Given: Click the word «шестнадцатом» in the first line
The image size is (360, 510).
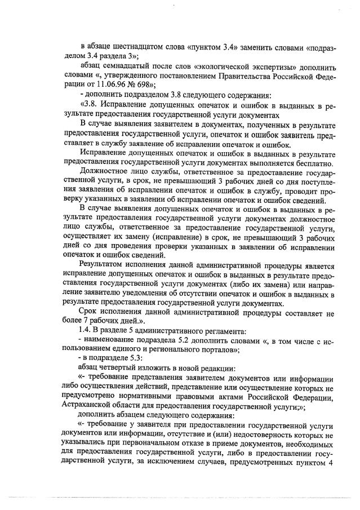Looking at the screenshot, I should pos(132,45).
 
